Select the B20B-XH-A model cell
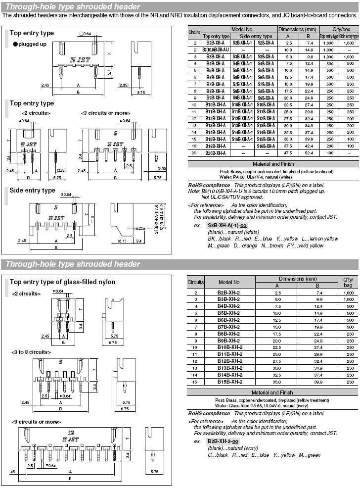(216, 153)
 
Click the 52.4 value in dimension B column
(309, 153)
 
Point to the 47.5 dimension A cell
(288, 153)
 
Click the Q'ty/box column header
(339, 29)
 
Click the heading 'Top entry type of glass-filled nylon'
(63, 282)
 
